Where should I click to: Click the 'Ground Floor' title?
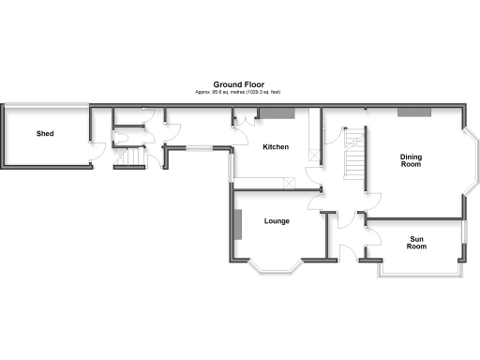(238, 83)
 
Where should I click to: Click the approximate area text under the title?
(238, 91)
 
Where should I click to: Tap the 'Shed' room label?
(45, 134)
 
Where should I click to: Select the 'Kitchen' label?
(276, 147)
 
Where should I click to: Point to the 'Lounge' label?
(277, 221)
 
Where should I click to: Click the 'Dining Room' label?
(411, 160)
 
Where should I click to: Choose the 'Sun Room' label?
(417, 243)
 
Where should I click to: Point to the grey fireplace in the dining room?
(414, 112)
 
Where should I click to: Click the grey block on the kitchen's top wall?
(277, 112)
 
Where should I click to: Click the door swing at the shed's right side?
(98, 150)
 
